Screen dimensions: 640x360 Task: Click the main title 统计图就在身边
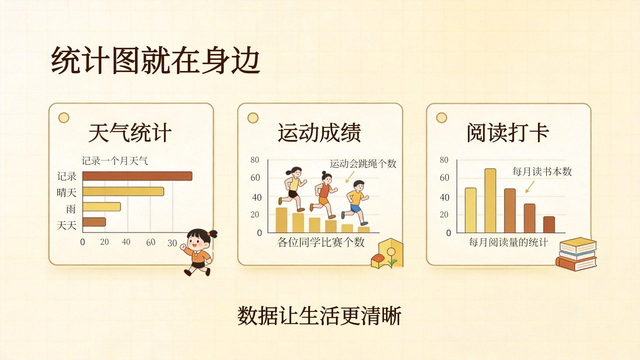click(x=156, y=61)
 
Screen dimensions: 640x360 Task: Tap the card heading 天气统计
click(x=130, y=133)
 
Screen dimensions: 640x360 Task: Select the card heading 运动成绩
click(x=319, y=133)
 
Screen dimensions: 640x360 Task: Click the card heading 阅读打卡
click(x=508, y=133)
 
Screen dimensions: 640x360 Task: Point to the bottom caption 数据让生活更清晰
click(x=319, y=315)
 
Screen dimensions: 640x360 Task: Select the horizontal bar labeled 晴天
click(x=123, y=191)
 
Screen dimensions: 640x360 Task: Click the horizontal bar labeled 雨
click(x=102, y=207)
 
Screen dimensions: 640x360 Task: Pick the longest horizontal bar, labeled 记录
click(x=137, y=176)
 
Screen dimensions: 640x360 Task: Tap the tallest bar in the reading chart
click(x=490, y=201)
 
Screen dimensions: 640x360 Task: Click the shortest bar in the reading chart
click(x=549, y=225)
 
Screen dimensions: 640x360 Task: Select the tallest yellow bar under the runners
click(x=282, y=220)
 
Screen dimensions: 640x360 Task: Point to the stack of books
click(x=576, y=254)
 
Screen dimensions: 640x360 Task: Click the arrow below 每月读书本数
click(x=530, y=187)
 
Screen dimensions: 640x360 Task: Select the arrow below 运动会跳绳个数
click(x=350, y=177)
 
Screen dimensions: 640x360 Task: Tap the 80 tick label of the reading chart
click(x=444, y=160)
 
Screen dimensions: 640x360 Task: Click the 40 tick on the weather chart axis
click(x=126, y=242)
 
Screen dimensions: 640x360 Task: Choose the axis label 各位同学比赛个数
click(x=321, y=242)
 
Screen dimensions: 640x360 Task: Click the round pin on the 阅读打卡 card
click(x=442, y=118)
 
